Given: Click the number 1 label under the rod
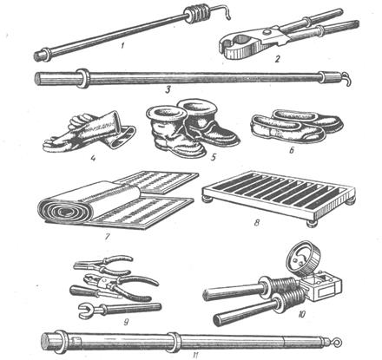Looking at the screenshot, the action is pyautogui.click(x=122, y=45).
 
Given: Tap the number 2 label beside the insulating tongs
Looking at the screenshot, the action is pyautogui.click(x=278, y=59).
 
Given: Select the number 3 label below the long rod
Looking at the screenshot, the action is pyautogui.click(x=168, y=90).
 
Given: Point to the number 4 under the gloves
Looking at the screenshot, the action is pyautogui.click(x=93, y=158).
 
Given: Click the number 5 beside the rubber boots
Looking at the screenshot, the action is pyautogui.click(x=214, y=157).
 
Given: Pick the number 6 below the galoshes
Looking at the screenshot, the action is pyautogui.click(x=292, y=150).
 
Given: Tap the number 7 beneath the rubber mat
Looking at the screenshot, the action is pyautogui.click(x=108, y=237).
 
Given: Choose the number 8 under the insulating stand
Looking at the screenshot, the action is pyautogui.click(x=257, y=223).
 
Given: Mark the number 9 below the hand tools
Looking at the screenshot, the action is pyautogui.click(x=126, y=322).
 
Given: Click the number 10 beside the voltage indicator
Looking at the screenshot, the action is pyautogui.click(x=301, y=314).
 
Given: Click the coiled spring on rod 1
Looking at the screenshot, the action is pyautogui.click(x=195, y=14).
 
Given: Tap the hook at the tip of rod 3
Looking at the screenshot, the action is pyautogui.click(x=347, y=79).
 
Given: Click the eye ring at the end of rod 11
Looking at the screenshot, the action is pyautogui.click(x=337, y=344).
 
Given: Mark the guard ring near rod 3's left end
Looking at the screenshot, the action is pyautogui.click(x=82, y=78).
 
